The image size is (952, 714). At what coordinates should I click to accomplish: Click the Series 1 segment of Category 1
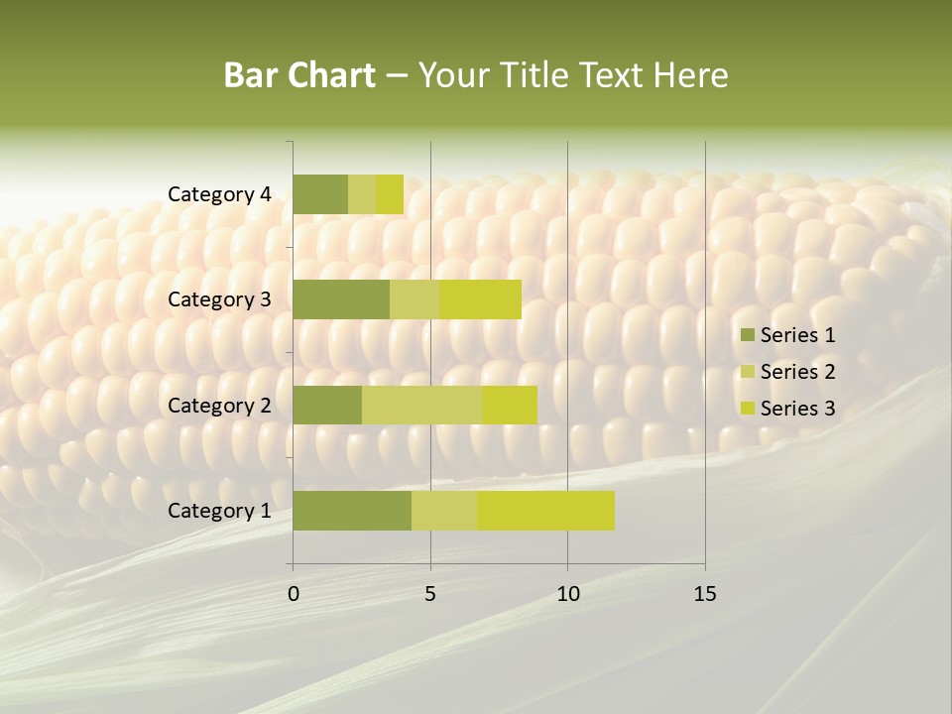click(352, 511)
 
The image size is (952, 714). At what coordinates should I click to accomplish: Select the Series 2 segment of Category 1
click(444, 511)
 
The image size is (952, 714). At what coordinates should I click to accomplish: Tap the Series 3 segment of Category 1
click(545, 511)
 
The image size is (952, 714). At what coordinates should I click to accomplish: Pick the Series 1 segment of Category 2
click(327, 406)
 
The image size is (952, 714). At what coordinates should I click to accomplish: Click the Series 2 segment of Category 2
click(422, 406)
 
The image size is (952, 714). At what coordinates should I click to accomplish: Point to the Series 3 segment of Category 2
click(510, 406)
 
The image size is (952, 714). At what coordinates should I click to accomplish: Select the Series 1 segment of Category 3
click(341, 299)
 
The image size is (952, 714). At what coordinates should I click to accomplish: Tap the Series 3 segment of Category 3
click(480, 299)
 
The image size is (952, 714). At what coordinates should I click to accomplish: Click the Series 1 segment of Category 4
click(320, 194)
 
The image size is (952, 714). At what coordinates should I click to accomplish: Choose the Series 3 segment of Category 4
click(390, 194)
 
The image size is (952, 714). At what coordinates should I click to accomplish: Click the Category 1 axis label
click(219, 511)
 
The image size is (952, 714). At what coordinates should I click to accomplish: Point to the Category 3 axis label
click(219, 299)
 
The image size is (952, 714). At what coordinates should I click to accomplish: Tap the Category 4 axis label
click(219, 194)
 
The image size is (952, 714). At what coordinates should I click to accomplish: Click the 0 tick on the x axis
click(294, 594)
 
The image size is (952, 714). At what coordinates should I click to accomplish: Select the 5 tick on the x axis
click(430, 594)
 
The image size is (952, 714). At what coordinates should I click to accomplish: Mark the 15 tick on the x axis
click(705, 594)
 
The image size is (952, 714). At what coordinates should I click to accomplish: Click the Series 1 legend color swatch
click(747, 335)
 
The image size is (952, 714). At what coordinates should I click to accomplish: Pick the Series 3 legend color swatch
click(747, 409)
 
